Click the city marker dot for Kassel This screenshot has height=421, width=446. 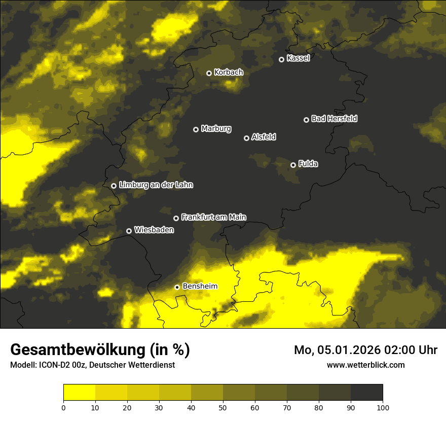(281, 59)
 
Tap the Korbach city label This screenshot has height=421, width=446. (229, 72)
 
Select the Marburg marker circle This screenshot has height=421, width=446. (196, 129)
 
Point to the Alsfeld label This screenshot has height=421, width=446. (264, 137)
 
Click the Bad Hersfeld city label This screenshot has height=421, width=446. (334, 119)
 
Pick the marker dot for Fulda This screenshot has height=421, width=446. (293, 165)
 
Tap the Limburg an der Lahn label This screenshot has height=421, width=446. (156, 185)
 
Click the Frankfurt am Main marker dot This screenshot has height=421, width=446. (176, 218)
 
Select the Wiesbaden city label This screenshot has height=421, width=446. (154, 230)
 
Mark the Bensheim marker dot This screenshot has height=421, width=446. (177, 287)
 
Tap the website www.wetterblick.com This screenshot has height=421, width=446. (365, 365)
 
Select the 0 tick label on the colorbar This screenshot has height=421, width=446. (63, 407)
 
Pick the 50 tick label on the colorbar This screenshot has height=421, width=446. (223, 407)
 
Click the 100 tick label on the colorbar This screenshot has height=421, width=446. (383, 407)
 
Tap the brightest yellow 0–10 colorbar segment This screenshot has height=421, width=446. (79, 393)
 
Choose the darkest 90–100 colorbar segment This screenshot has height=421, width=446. (366, 393)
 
